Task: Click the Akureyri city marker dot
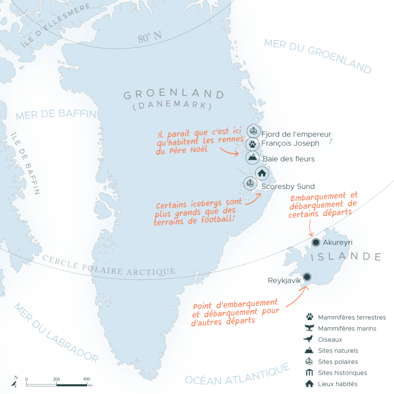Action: (316, 242)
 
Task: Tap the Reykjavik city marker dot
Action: (307, 277)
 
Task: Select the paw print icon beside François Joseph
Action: (252, 144)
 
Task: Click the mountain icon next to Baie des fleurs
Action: (253, 157)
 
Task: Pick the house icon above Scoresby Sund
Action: (262, 173)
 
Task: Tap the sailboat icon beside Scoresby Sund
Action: (250, 183)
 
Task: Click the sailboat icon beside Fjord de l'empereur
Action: (253, 131)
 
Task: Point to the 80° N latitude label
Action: (150, 38)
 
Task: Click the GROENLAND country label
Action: (174, 95)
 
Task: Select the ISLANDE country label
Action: (345, 257)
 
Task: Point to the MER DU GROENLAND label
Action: (318, 56)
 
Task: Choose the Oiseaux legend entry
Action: (330, 340)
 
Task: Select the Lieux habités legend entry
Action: (337, 384)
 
